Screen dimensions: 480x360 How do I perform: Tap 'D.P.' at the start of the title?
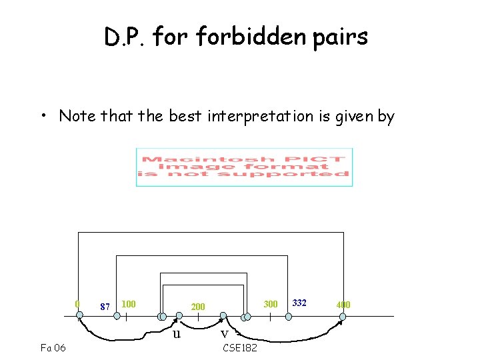coord(125,37)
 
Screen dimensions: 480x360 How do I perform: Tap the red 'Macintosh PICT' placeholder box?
coord(244,167)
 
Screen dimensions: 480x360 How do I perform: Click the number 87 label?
coord(104,307)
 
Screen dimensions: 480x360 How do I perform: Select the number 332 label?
coord(300,303)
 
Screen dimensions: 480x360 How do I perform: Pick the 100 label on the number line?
coord(129,304)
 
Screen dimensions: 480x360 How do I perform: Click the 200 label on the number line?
coord(198,307)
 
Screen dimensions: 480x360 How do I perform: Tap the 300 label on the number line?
coord(270,304)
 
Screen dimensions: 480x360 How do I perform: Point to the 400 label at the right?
coord(343,305)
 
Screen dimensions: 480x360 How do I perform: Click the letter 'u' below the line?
coord(176,333)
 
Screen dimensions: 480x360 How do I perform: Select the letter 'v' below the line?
coord(225,333)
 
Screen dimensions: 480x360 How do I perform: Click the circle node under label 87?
coord(117,317)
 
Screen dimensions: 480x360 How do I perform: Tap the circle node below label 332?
coord(287,317)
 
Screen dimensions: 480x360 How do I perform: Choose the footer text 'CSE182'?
coord(240,347)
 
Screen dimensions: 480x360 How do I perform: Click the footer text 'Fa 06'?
coord(53,347)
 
